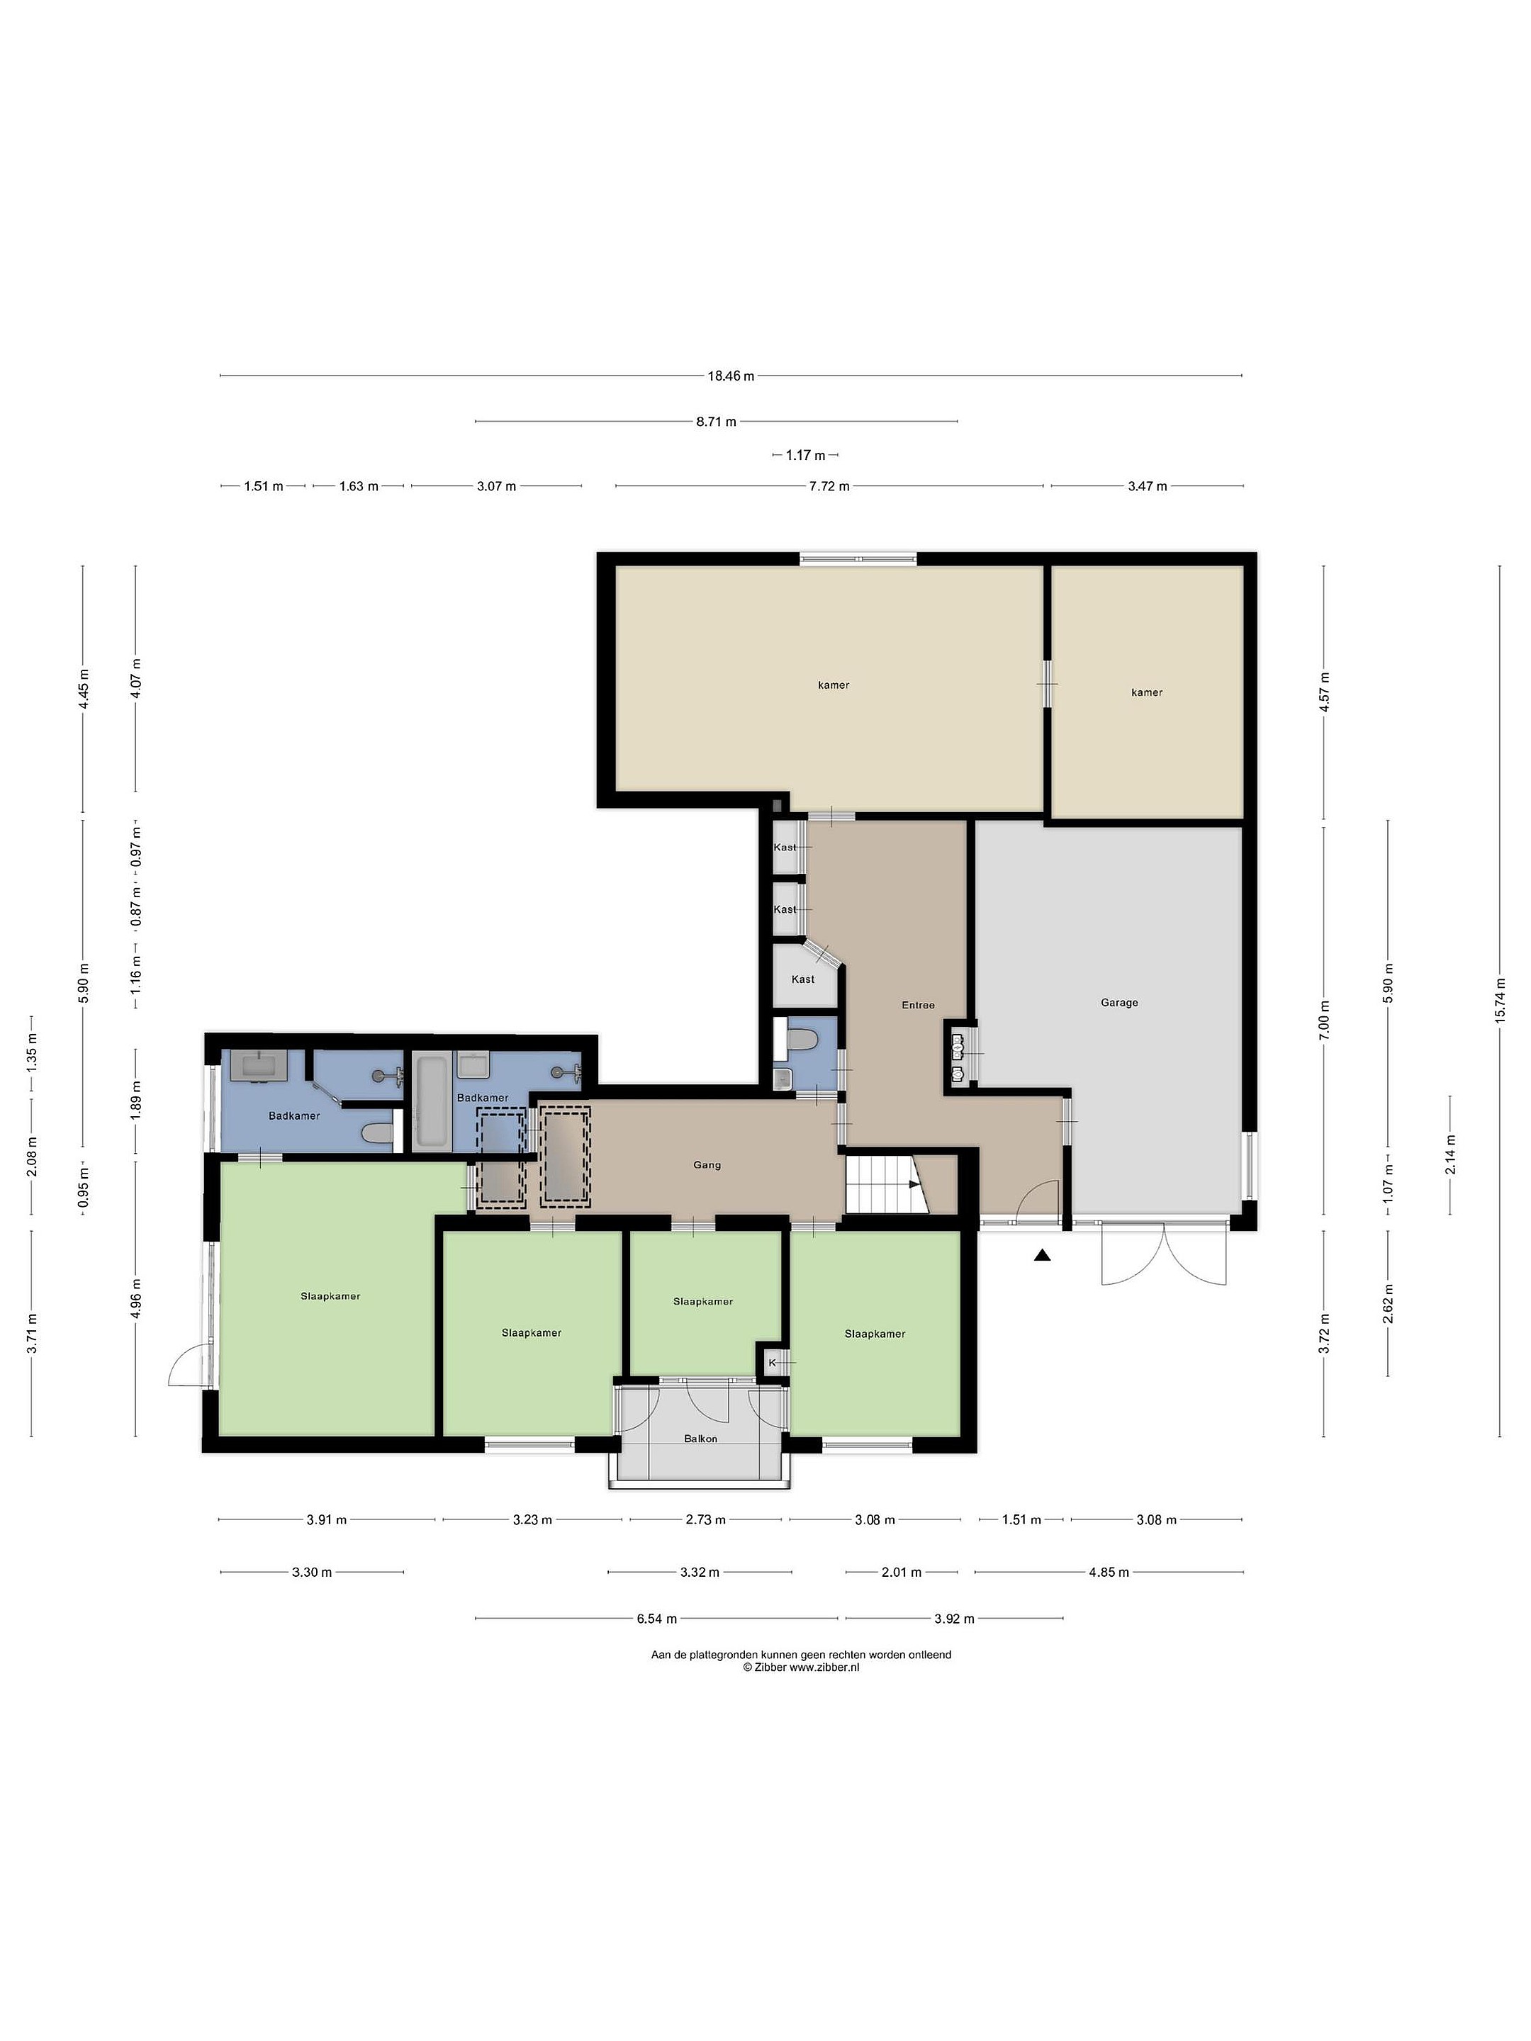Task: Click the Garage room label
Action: click(1118, 1002)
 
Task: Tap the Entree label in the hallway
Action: click(917, 1005)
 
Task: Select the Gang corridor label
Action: click(707, 1164)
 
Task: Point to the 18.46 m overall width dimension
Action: click(731, 376)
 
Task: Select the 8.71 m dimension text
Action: click(716, 422)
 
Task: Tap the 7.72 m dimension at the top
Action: click(829, 485)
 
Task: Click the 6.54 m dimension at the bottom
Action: click(656, 1619)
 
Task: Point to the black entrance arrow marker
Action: click(1043, 1255)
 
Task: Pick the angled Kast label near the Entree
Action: click(803, 979)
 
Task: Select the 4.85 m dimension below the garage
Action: click(1109, 1573)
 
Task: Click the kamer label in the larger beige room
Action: click(834, 685)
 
